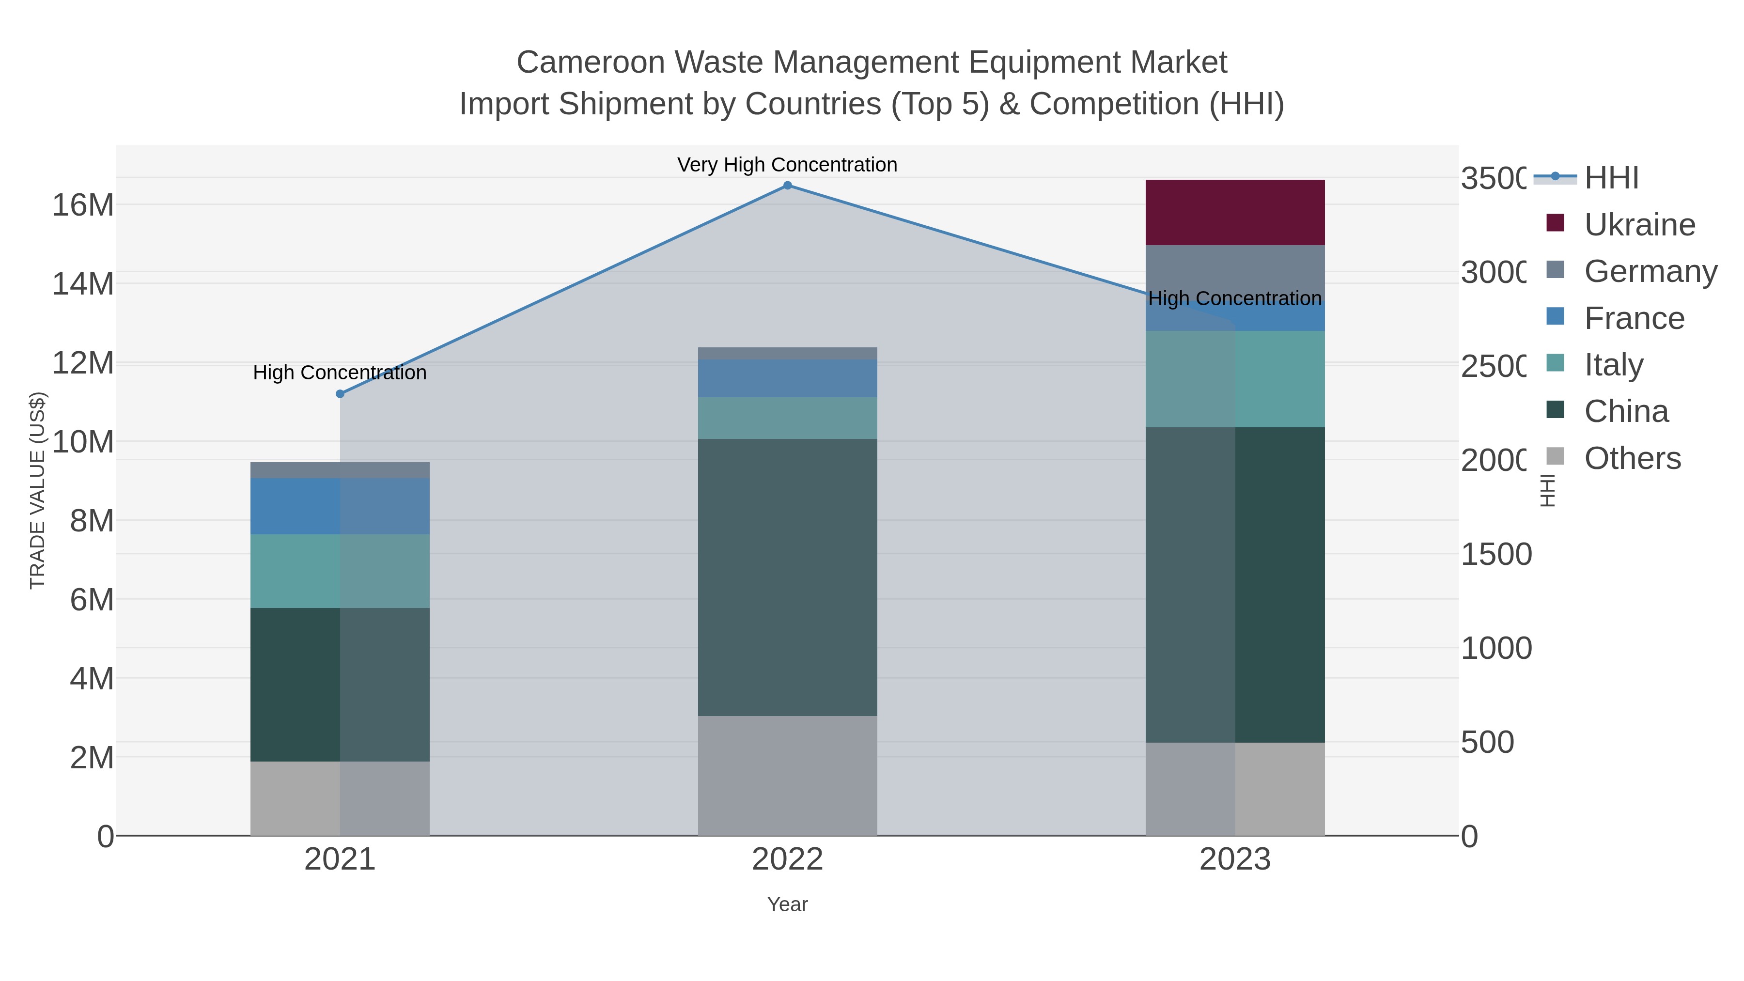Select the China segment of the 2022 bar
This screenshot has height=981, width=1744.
[787, 577]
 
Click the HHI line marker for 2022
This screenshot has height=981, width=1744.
[787, 186]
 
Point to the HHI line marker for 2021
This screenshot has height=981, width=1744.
[340, 394]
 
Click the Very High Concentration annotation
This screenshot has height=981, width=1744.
[787, 165]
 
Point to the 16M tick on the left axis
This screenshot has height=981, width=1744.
[82, 204]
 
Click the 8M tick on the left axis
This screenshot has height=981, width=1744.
[92, 521]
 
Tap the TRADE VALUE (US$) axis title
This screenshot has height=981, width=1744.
[37, 490]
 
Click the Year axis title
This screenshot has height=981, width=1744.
[787, 904]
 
